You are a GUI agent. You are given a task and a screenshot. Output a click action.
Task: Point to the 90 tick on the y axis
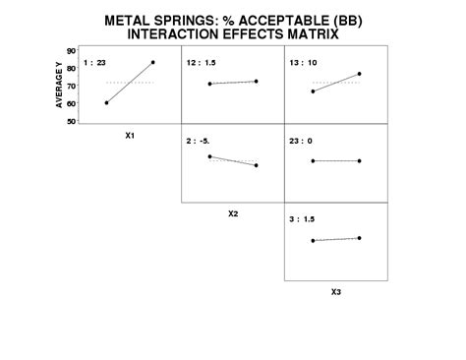[72, 49]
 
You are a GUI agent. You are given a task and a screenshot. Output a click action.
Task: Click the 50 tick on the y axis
[72, 122]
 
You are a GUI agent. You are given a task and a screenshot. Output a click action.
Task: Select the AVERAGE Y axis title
[60, 86]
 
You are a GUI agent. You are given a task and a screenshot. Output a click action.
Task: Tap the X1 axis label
[130, 136]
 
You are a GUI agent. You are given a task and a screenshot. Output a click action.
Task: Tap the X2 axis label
[233, 212]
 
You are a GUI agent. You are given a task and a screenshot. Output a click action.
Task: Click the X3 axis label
[336, 291]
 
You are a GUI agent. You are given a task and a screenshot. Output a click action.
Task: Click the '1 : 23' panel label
[95, 62]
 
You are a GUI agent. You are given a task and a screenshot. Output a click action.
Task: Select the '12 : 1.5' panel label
[200, 62]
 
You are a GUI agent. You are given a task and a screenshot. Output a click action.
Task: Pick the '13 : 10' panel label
[302, 62]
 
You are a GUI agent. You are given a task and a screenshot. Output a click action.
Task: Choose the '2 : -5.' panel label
[198, 141]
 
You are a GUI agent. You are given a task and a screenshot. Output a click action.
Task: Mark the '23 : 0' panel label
[300, 141]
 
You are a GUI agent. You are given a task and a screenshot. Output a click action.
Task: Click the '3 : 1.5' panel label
[301, 219]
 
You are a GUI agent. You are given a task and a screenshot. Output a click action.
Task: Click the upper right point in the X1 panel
[153, 62]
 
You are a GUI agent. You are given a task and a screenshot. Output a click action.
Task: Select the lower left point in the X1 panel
[106, 102]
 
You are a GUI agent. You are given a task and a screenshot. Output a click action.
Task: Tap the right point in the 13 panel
[360, 74]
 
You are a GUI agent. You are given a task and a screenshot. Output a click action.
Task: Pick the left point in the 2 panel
[209, 156]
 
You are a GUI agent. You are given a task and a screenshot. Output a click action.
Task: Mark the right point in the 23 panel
[360, 160]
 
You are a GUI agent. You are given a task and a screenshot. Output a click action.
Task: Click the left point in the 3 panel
[313, 240]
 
